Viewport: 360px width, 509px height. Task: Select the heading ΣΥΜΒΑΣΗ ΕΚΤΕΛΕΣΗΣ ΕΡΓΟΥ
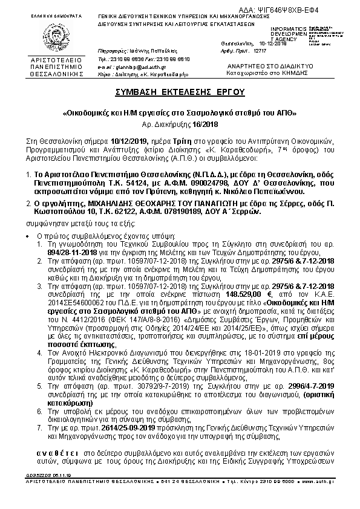pos(180,92)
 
